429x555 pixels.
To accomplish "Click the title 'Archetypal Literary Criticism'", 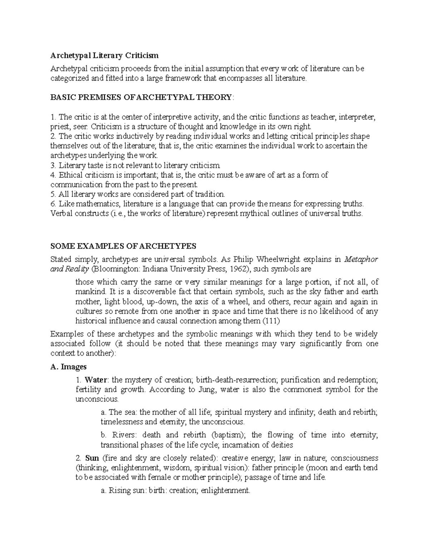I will pyautogui.click(x=104, y=55).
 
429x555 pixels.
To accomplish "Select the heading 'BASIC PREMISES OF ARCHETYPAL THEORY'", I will pyautogui.click(x=141, y=98).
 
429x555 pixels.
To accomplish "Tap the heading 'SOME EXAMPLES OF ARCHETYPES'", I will pyautogui.click(x=123, y=246).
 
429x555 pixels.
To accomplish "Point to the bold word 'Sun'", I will pyautogui.click(x=92, y=458).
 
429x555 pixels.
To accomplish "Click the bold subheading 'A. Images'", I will pyautogui.click(x=69, y=367).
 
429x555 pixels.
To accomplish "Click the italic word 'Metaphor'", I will pyautogui.click(x=361, y=259).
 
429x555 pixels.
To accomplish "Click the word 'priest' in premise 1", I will pyautogui.click(x=59, y=127).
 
